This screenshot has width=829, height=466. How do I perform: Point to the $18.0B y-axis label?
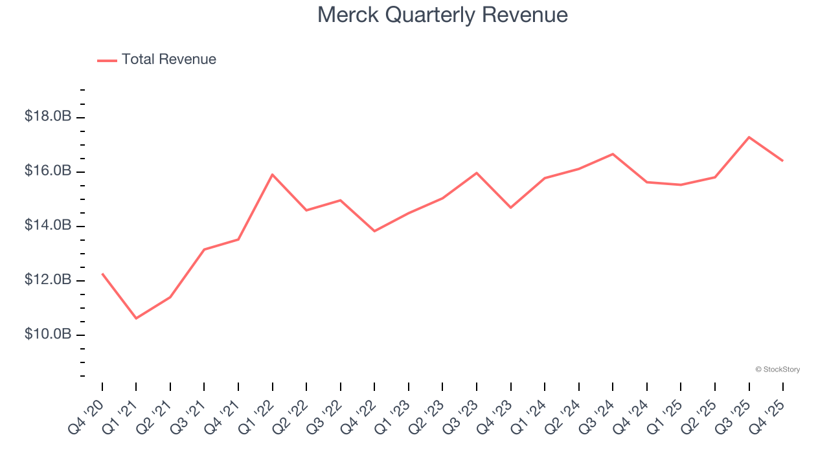point(48,116)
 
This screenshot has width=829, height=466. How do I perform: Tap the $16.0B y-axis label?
point(48,171)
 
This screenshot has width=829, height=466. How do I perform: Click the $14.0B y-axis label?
point(48,225)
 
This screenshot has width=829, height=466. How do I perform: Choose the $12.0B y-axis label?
point(48,280)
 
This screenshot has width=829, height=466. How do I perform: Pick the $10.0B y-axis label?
point(48,334)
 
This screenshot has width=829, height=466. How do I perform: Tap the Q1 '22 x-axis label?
point(258,416)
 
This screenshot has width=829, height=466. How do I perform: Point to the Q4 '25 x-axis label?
point(769,416)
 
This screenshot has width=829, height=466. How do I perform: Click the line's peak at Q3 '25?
point(749,137)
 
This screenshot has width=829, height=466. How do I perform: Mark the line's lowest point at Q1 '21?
point(136,318)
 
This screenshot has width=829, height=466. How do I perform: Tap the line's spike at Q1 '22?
point(273,174)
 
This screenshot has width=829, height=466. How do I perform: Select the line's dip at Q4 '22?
point(374,231)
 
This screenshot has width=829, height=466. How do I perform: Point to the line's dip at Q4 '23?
point(511,208)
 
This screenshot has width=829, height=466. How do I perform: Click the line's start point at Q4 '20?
point(102,274)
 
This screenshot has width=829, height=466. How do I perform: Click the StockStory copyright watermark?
point(778,370)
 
